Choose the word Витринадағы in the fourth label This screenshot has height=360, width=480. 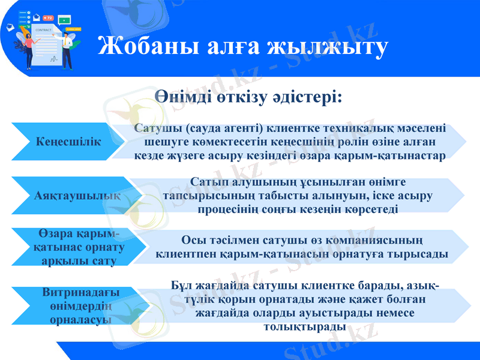pos(81,292)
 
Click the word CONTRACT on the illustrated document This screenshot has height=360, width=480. pos(44,29)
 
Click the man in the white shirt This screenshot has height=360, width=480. pos(67,48)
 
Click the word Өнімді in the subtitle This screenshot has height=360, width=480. pos(184,96)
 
